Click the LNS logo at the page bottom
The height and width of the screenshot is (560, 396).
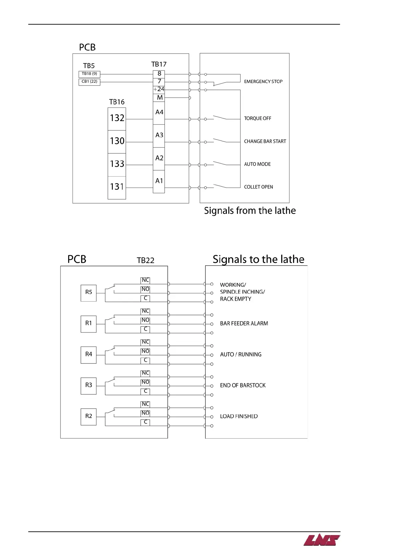click(321, 540)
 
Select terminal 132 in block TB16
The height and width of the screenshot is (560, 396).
click(117, 118)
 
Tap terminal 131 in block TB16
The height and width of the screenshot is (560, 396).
click(117, 187)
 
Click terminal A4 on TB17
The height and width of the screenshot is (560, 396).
click(159, 112)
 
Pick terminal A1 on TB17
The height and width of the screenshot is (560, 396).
click(159, 181)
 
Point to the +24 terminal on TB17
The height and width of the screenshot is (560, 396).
click(159, 89)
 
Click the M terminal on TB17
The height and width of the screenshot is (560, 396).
click(159, 98)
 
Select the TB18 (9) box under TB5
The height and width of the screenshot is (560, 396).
click(90, 74)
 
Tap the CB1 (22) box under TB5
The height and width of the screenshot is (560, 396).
click(90, 81)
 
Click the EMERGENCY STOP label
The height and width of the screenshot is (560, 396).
click(263, 81)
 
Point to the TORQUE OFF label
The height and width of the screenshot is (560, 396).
click(258, 118)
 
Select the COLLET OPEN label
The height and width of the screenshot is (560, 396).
click(258, 187)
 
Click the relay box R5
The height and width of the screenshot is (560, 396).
click(89, 293)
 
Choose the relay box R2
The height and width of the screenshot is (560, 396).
click(89, 416)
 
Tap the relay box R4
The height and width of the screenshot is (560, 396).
click(89, 354)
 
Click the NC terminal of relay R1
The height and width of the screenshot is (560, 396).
click(145, 311)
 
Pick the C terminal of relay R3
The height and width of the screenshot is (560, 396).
click(145, 391)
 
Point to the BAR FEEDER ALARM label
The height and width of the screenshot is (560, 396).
click(244, 324)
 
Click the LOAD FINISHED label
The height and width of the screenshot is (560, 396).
click(239, 416)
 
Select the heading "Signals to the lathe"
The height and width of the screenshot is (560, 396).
click(258, 259)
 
